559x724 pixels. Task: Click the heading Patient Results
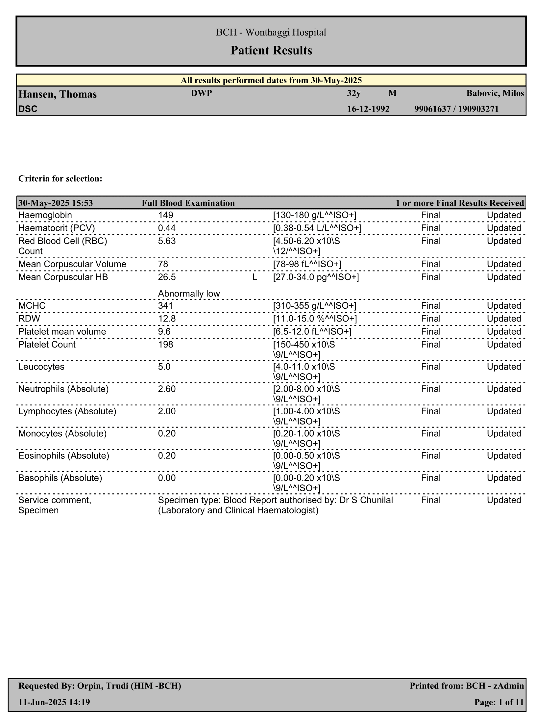(x=271, y=50)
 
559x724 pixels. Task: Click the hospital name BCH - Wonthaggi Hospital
(x=271, y=32)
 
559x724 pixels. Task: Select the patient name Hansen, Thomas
(x=58, y=94)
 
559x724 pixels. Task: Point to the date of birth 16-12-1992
(x=368, y=109)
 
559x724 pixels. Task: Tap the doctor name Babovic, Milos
(x=495, y=93)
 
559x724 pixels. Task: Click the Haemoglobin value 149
(x=166, y=215)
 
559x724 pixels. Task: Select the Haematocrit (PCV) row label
(x=57, y=228)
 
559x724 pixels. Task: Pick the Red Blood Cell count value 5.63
(x=167, y=241)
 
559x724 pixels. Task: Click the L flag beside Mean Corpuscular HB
(x=255, y=277)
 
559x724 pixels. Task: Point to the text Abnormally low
(x=189, y=294)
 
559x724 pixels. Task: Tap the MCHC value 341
(x=166, y=306)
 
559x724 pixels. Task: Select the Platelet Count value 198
(x=166, y=345)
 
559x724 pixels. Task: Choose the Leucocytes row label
(x=41, y=367)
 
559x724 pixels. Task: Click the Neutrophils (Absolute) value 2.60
(x=167, y=389)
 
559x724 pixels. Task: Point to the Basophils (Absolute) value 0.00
(x=167, y=478)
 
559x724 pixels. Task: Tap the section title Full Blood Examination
(x=188, y=203)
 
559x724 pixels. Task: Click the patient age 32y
(x=354, y=93)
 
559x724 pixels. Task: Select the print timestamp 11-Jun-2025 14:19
(x=54, y=702)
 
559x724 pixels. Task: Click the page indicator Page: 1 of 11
(x=499, y=702)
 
